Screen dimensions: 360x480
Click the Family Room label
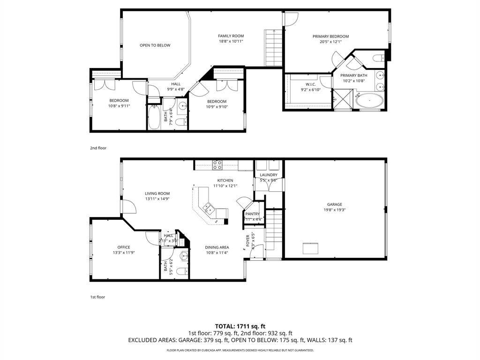[231, 36]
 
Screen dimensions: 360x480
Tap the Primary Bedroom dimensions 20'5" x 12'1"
[330, 42]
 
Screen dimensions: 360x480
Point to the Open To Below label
[155, 45]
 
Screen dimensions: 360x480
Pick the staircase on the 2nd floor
[273, 48]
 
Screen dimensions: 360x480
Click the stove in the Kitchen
[217, 165]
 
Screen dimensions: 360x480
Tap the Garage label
[334, 204]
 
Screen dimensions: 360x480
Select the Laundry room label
[269, 175]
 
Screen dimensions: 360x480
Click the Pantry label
[252, 214]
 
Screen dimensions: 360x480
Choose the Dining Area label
[217, 247]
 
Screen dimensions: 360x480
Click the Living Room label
[157, 194]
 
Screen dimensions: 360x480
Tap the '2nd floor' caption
[98, 148]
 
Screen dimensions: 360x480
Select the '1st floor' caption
[98, 297]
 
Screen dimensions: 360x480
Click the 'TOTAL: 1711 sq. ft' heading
[240, 326]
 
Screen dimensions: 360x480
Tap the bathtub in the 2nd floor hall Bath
[154, 116]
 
